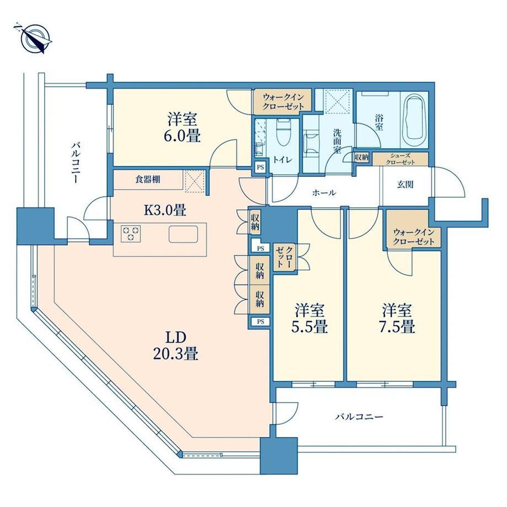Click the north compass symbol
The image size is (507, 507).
[x=35, y=39]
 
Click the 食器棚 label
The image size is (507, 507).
[x=148, y=180]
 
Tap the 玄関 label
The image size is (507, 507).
[x=405, y=185]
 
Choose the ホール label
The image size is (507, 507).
[x=323, y=193]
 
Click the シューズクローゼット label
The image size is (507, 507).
[x=400, y=159]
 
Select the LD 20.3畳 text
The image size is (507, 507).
[x=176, y=346]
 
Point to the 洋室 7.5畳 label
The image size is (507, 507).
[x=397, y=319]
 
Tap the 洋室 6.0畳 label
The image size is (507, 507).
[x=183, y=127]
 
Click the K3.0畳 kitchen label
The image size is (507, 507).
[x=165, y=211]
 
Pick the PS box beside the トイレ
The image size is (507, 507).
[x=260, y=168]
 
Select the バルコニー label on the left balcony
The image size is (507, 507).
[x=75, y=163]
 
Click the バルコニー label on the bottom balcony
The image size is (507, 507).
[x=359, y=417]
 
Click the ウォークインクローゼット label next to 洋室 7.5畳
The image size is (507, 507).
[x=413, y=236]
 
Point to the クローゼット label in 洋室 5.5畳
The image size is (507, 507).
[x=284, y=257]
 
